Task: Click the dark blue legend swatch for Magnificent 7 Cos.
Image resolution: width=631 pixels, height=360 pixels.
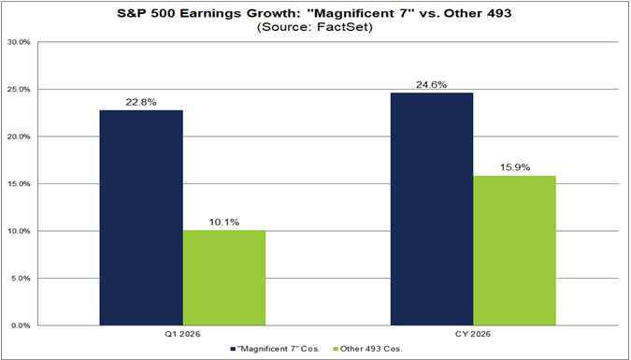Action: (231, 349)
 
